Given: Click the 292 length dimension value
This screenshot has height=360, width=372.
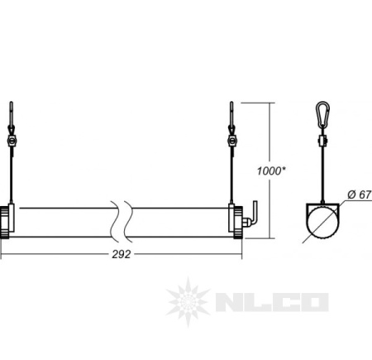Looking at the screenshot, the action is click(122, 254).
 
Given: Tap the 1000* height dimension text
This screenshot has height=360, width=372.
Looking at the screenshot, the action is click(271, 171).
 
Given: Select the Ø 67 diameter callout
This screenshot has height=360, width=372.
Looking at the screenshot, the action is click(360, 194).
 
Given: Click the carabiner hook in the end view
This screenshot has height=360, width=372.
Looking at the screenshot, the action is click(323, 114).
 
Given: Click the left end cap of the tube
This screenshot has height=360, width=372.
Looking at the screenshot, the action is click(5, 223).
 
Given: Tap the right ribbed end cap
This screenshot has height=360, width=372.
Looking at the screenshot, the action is click(238, 223).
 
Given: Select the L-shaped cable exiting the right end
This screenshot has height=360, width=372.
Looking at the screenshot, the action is click(254, 213).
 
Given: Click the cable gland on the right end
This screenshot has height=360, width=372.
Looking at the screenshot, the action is click(246, 222).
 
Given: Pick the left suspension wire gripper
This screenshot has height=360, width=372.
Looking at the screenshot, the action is click(12, 141).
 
